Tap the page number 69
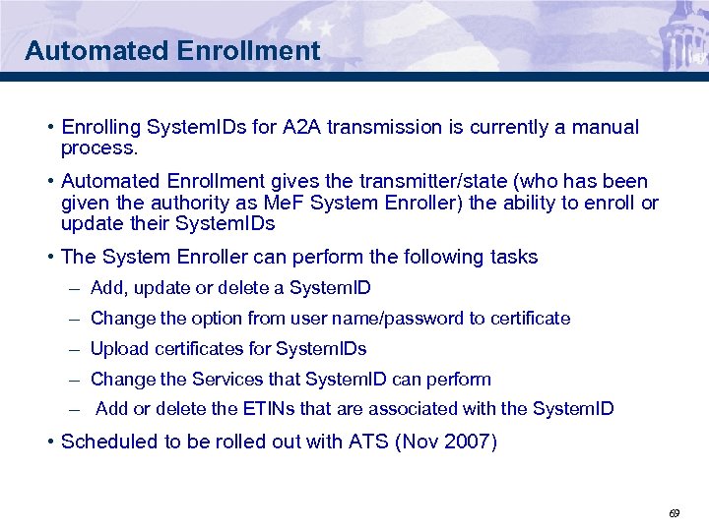[675, 512]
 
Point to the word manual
[605, 127]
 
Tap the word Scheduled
[108, 442]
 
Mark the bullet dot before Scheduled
[50, 442]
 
